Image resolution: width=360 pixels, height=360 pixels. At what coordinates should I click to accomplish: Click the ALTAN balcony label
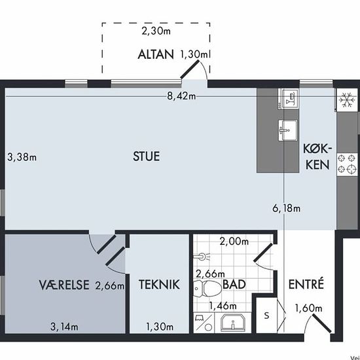156,54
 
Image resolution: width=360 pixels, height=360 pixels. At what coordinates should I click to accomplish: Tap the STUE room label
146,156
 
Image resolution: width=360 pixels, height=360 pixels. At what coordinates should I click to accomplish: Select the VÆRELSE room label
64,285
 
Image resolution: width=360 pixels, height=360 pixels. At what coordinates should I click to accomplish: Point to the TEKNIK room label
159,285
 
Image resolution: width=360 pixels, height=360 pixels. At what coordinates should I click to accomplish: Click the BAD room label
234,285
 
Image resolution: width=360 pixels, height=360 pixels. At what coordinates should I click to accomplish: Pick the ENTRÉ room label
306,284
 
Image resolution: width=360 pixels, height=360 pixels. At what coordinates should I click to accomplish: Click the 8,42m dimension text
181,96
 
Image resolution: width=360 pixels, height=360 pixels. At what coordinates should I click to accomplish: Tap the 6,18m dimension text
286,208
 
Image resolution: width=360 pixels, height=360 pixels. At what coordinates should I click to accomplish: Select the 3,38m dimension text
22,158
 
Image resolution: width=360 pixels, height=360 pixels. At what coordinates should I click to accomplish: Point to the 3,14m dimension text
64,327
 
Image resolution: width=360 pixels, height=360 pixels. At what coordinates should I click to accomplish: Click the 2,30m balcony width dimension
156,31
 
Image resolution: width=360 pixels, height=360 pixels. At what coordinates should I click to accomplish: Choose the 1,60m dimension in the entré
308,308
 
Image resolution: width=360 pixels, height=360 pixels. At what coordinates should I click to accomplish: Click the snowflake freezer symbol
346,100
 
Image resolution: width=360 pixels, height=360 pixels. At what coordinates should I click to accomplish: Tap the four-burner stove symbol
347,164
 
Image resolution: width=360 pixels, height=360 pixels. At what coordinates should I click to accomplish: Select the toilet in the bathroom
207,289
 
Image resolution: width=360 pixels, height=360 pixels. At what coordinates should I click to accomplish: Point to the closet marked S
266,315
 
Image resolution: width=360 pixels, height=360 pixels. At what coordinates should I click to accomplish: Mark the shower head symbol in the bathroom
202,257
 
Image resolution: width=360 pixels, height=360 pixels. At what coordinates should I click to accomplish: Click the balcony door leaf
190,69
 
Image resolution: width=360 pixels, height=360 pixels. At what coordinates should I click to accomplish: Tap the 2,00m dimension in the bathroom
234,242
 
